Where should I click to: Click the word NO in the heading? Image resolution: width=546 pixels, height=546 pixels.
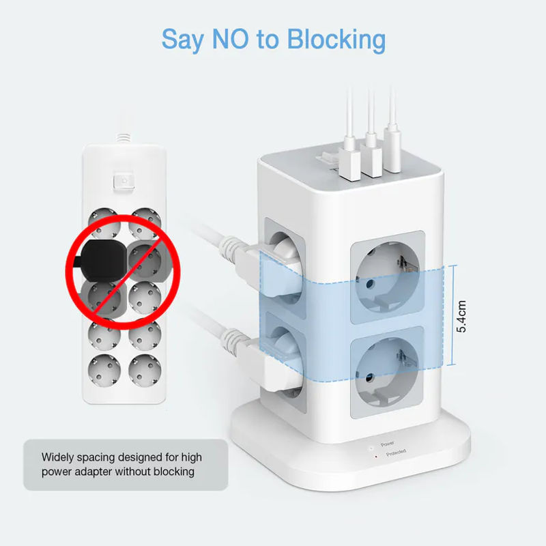pos(230,38)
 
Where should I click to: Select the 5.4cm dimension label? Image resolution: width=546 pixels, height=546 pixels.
pos(461,316)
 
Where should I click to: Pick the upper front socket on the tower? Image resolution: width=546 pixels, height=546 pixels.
pos(387,277)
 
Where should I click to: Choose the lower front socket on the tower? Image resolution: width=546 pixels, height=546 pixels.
pos(387,372)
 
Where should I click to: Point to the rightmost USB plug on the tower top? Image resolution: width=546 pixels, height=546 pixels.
pos(393,150)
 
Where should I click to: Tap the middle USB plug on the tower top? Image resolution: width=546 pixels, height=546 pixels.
pos(371,154)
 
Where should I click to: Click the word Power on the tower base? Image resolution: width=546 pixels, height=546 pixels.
pos(387,444)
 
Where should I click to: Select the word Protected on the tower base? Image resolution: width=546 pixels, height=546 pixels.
pos(396,452)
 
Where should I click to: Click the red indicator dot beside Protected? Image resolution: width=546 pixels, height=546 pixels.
pos(376,456)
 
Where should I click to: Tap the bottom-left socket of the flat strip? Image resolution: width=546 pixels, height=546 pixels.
pos(104,371)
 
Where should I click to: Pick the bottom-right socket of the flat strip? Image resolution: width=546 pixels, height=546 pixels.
pos(145,371)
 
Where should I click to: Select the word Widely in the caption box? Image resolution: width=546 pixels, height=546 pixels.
pos(57,457)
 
